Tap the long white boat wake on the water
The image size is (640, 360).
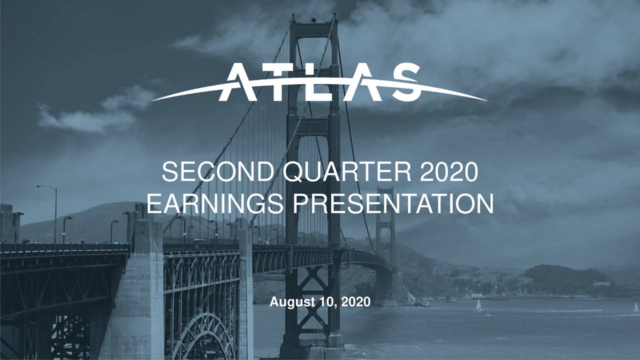550,311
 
